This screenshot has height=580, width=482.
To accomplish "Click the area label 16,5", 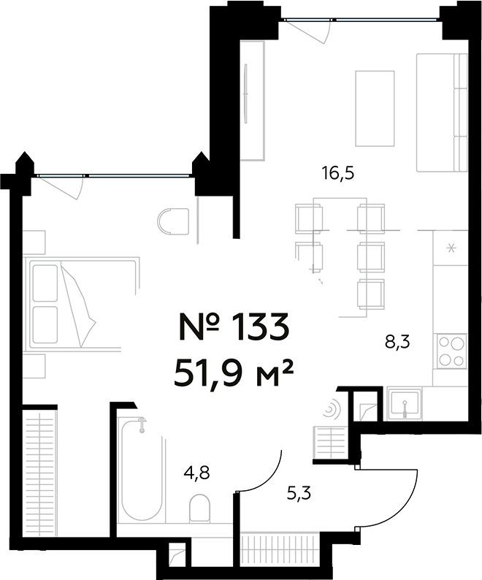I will point(343,174).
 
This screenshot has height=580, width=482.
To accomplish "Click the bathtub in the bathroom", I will point(142,468).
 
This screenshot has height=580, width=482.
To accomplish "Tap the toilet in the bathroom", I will point(199,508).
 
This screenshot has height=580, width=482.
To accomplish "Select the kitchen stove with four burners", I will point(451,350).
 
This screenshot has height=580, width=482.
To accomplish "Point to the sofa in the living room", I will point(441,111).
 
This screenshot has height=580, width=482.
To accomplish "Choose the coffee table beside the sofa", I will point(374,107).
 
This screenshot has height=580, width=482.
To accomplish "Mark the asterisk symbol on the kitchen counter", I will point(451,248).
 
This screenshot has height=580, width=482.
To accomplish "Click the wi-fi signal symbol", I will point(331,409).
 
